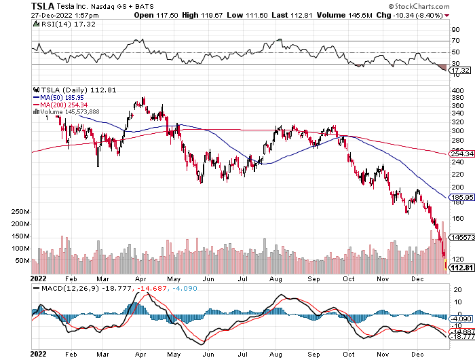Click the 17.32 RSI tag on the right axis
pyautogui.click(x=460, y=70)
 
